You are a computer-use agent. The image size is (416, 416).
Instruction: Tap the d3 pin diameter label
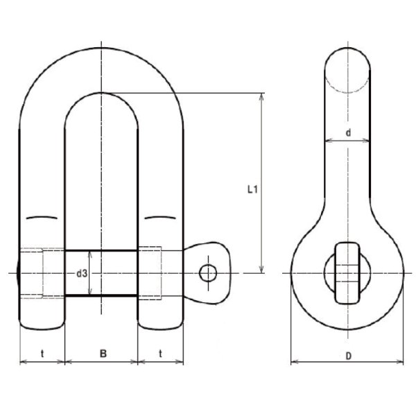(x=82, y=274)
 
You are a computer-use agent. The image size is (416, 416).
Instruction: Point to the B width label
(x=102, y=354)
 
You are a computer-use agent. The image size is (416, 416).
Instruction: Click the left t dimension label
(x=42, y=354)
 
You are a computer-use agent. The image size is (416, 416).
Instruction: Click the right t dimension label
(x=160, y=354)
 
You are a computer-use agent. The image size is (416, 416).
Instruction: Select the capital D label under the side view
(x=347, y=355)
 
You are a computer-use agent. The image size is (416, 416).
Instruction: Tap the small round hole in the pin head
(x=207, y=272)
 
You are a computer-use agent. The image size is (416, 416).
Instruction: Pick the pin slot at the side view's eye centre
(x=347, y=272)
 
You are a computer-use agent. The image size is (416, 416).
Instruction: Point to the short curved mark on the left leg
(x=42, y=219)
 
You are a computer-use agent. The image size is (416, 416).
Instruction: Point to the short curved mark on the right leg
(x=161, y=219)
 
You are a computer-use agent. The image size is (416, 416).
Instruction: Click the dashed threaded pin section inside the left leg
(x=33, y=273)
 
